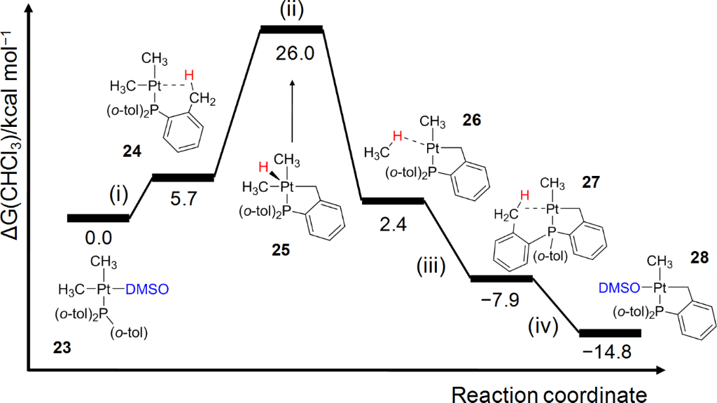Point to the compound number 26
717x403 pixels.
point(472,121)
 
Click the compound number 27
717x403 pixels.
point(592,182)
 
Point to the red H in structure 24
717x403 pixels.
point(188,75)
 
